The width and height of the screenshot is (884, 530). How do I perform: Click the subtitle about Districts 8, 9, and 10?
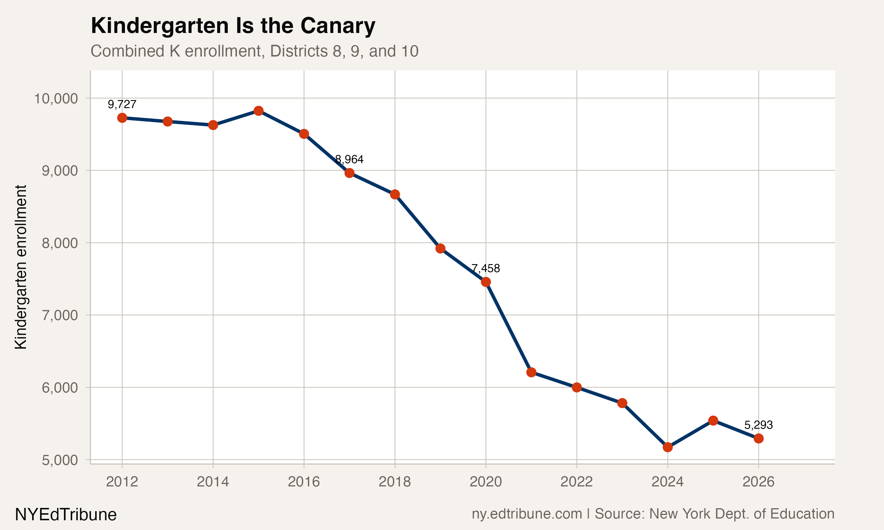coord(254,51)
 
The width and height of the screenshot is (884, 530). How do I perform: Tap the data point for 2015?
coord(259,111)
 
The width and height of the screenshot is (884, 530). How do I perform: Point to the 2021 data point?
coord(531,372)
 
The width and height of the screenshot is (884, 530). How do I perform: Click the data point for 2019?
coord(440,248)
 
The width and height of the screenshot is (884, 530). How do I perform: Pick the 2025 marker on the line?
coord(713,420)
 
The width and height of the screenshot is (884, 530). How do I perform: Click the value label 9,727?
coord(122,104)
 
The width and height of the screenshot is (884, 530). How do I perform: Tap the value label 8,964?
coord(349,159)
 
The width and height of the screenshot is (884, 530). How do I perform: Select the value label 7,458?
coord(486,268)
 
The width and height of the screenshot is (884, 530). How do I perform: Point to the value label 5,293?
coord(758,425)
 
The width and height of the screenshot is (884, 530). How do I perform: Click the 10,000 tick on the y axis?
coord(56,98)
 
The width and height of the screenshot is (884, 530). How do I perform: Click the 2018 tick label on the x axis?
coord(395,482)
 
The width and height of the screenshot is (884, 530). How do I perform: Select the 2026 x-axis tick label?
coord(758,482)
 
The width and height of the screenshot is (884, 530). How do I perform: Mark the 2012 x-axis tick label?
coord(122,482)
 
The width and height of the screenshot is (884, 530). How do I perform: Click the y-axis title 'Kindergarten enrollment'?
coord(21,267)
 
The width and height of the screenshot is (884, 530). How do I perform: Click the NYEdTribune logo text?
coord(66,515)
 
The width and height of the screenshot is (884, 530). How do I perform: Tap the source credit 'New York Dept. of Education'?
coord(741,514)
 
